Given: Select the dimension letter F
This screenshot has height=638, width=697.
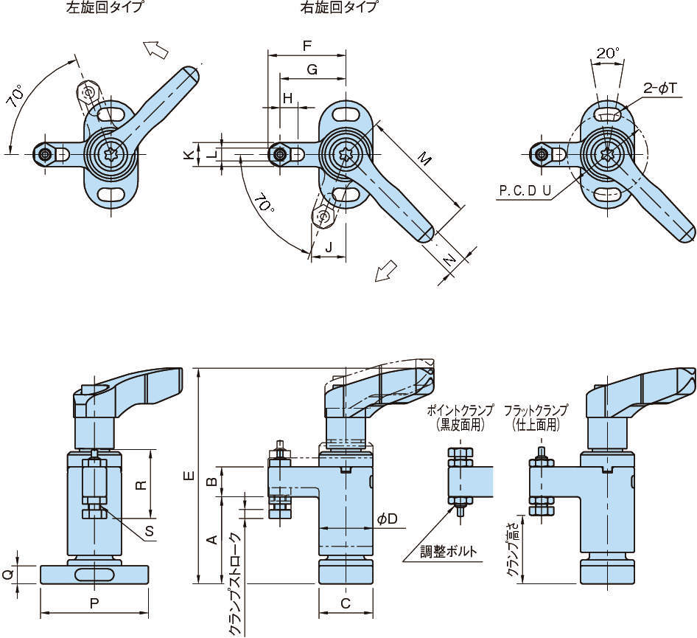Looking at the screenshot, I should [x=307, y=46].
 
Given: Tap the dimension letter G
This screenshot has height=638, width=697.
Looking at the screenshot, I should [x=312, y=69].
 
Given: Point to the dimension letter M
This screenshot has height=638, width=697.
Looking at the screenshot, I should [x=424, y=158].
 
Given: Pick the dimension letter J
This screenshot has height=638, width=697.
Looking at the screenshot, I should [x=329, y=246].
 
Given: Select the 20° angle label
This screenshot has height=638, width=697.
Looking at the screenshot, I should [x=608, y=53].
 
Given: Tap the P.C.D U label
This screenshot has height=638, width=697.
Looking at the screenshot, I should [x=525, y=190].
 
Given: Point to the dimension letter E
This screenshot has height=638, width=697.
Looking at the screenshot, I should [x=189, y=476].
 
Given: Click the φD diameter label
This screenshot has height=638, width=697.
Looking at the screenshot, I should [x=387, y=519].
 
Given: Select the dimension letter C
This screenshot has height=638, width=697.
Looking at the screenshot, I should [x=346, y=603].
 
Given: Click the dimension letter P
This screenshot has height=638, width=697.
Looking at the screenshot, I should [x=94, y=603].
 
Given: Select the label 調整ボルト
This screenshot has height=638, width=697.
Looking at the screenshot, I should [x=449, y=551].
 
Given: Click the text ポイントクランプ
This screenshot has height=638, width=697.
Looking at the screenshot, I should [x=462, y=411].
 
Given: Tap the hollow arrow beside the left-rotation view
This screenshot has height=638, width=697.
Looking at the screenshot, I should [x=157, y=49].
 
